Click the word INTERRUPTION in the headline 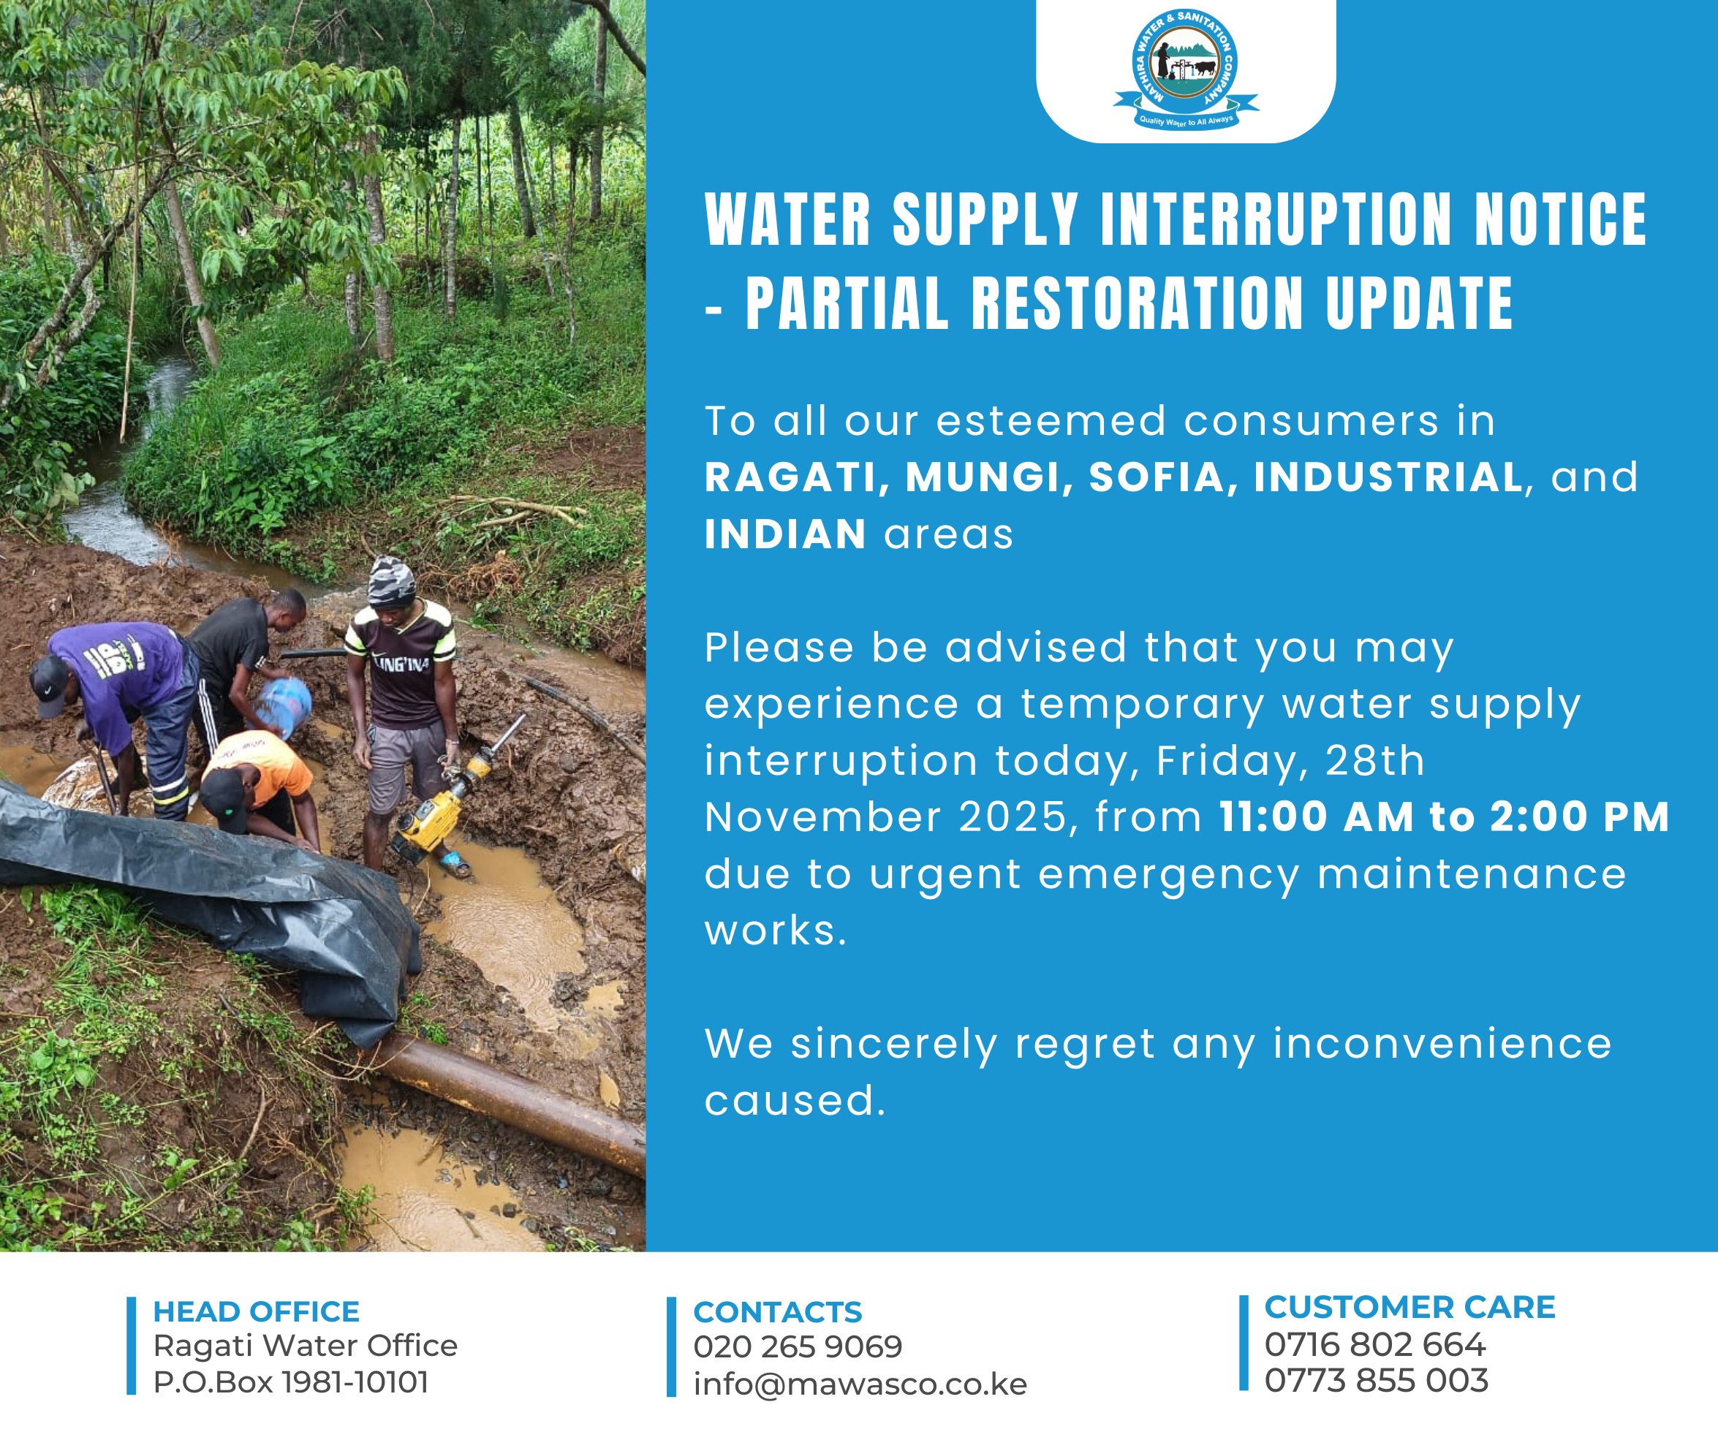(1276, 219)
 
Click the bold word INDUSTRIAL (1388, 478)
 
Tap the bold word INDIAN (785, 534)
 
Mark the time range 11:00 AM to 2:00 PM (1444, 817)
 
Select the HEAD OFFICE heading (256, 1311)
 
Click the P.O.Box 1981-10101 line (291, 1382)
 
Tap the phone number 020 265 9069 (798, 1346)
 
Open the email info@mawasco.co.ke (860, 1384)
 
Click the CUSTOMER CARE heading (1409, 1308)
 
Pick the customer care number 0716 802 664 (1374, 1344)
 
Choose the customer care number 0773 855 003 (1376, 1380)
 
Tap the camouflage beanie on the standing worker (391, 581)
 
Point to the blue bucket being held (283, 705)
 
